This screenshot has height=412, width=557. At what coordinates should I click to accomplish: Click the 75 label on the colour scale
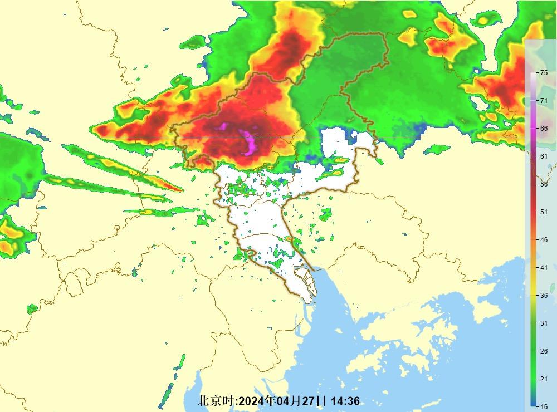(544, 72)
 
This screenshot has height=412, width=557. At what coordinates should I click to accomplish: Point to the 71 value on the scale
(544, 100)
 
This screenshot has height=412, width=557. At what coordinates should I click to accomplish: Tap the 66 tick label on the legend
(544, 128)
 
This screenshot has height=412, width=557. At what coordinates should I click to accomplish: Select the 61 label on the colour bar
(544, 156)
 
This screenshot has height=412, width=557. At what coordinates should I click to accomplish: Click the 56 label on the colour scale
(544, 184)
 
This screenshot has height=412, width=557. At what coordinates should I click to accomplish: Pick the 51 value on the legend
(544, 212)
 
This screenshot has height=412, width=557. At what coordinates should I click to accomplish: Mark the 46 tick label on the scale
(544, 239)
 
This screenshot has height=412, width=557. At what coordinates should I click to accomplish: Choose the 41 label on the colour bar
(544, 267)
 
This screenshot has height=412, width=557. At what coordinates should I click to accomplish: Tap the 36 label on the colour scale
(544, 296)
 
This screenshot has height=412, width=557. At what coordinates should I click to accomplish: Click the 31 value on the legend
(544, 323)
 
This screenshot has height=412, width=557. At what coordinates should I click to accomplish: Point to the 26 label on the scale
(544, 351)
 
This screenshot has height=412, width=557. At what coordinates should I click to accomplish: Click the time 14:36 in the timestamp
(345, 401)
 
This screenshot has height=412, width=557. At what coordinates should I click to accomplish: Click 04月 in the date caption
(289, 401)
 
